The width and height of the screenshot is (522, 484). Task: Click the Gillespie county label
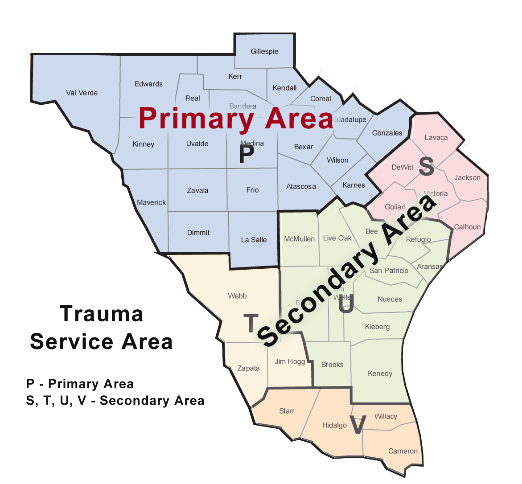click(x=264, y=52)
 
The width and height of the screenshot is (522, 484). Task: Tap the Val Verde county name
click(x=82, y=93)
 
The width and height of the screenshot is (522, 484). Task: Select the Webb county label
click(x=237, y=296)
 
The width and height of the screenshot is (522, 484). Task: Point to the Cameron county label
click(x=403, y=451)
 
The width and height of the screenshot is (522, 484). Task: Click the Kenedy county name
click(x=380, y=373)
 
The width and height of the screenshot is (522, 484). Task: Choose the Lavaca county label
click(x=436, y=137)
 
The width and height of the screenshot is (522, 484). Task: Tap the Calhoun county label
click(x=467, y=227)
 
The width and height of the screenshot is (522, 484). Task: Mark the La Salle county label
click(x=254, y=240)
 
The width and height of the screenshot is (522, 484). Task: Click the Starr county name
click(x=287, y=411)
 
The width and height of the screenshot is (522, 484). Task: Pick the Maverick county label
click(x=151, y=202)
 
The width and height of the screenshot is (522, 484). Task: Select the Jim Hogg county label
click(x=290, y=361)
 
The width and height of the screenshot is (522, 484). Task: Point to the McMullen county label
click(x=299, y=239)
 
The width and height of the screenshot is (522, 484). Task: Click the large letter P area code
click(x=246, y=155)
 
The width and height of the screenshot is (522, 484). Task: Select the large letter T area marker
click(x=251, y=323)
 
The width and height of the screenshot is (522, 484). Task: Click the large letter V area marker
click(x=358, y=425)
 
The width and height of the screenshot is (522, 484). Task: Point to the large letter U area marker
click(x=346, y=305)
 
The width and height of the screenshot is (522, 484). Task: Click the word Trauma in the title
click(x=102, y=314)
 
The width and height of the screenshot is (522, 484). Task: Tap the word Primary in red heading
click(x=196, y=119)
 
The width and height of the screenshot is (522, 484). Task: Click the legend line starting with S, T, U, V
click(x=115, y=401)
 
